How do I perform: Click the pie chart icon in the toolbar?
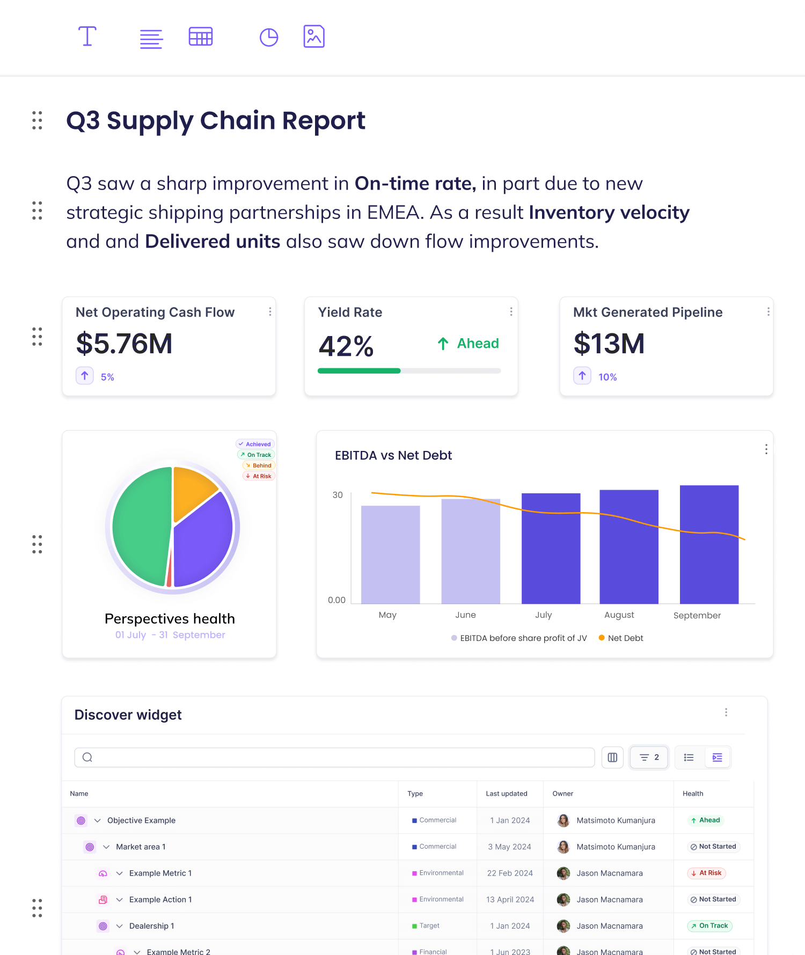click(268, 37)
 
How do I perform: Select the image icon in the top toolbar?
click(314, 37)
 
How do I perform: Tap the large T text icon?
click(87, 37)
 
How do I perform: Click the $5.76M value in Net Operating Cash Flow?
click(124, 344)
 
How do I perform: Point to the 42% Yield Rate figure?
click(346, 346)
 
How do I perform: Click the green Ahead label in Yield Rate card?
click(477, 344)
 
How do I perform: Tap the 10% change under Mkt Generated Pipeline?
click(608, 377)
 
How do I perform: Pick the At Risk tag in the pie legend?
click(259, 476)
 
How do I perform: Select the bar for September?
click(709, 545)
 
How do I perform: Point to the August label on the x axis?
click(619, 615)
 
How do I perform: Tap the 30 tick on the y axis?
click(338, 495)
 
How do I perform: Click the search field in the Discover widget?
click(334, 757)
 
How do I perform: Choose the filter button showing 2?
click(649, 757)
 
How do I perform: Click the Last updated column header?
click(506, 793)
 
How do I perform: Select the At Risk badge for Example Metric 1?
click(706, 873)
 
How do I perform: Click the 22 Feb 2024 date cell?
click(510, 873)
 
